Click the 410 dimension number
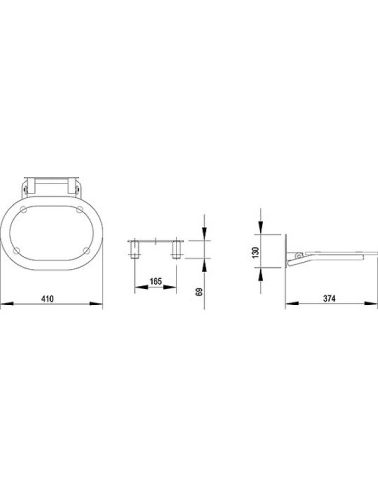tap(47, 299)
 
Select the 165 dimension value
tap(156, 281)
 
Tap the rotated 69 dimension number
tap(199, 291)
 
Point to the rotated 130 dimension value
tap(255, 252)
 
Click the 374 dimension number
tap(329, 298)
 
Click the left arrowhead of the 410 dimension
tap(7, 304)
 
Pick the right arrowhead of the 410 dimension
tap(96, 304)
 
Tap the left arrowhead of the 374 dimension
tap(292, 303)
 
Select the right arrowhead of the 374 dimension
tap(370, 303)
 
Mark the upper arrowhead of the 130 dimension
tap(261, 228)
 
